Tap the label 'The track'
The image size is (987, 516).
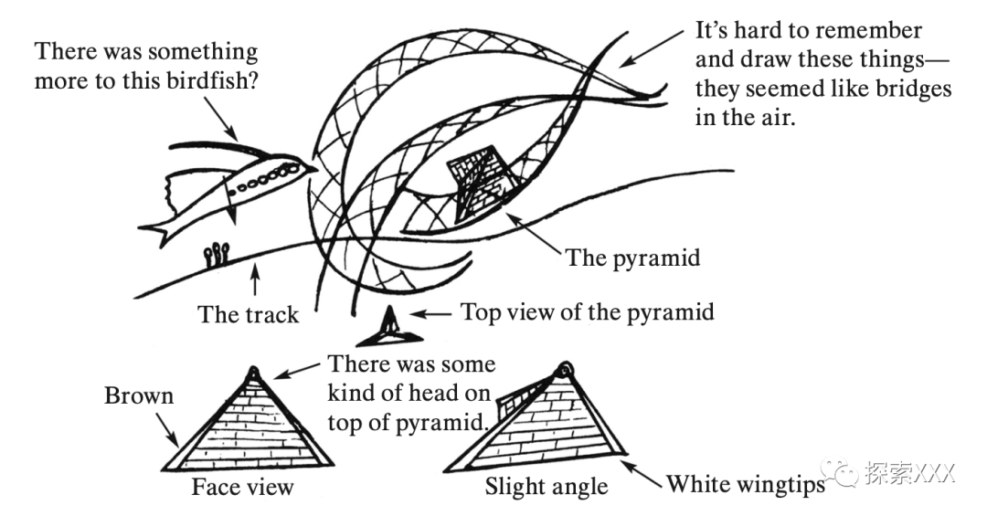click(x=249, y=315)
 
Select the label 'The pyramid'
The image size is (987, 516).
click(x=632, y=258)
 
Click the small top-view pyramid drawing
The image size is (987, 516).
click(x=389, y=330)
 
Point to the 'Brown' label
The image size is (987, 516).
click(x=139, y=396)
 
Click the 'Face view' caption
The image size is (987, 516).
click(x=242, y=486)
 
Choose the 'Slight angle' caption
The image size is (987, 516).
click(x=547, y=486)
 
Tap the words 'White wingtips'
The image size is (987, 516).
click(x=745, y=483)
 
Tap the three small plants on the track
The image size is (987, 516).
click(x=216, y=251)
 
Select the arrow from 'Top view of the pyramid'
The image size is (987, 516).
click(x=431, y=313)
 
